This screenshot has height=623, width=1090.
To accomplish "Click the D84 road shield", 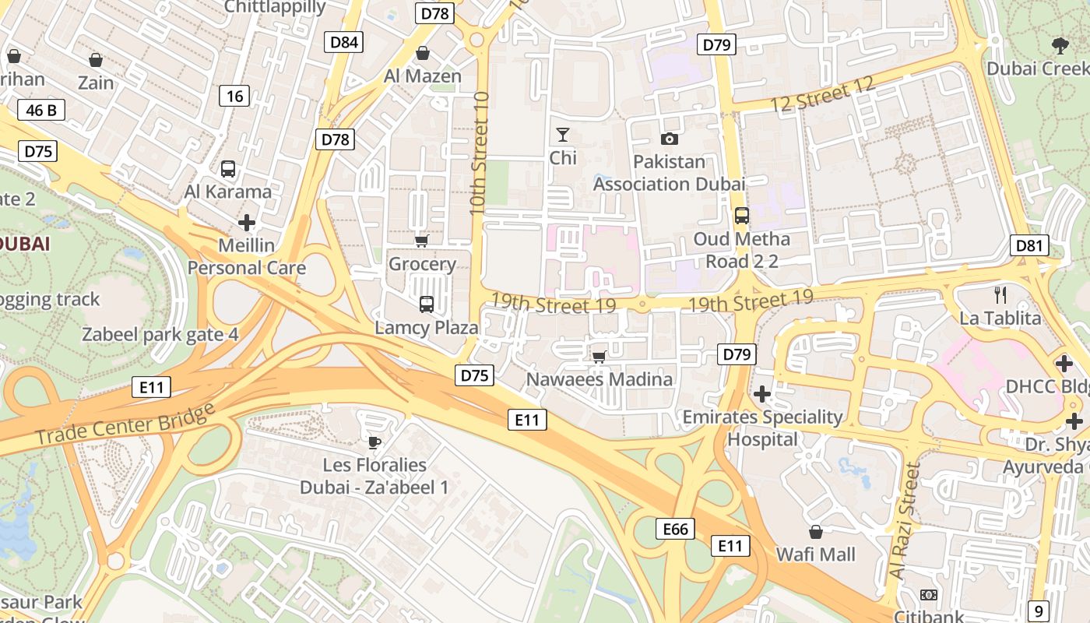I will [x=344, y=42].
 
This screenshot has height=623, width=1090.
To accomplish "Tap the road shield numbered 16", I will [x=235, y=97].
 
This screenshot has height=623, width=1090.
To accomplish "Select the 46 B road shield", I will [x=41, y=110].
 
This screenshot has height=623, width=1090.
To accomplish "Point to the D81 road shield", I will [x=1028, y=246].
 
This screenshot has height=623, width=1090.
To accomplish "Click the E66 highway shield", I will [x=675, y=530].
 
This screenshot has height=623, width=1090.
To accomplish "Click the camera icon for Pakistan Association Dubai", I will [x=669, y=139].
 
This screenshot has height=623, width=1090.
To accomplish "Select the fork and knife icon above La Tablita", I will [x=1000, y=295].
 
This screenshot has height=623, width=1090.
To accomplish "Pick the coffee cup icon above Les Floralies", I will [x=374, y=443].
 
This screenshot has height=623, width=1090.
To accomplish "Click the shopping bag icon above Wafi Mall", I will [x=815, y=533].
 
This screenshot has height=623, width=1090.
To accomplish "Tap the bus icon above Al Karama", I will [x=228, y=169].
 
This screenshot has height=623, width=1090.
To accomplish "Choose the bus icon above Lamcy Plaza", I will [x=426, y=304].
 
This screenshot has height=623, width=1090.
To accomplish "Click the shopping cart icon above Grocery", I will [x=421, y=241].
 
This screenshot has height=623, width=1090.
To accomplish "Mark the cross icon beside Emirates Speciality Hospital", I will [x=762, y=394].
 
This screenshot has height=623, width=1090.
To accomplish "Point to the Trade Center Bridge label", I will [x=125, y=424].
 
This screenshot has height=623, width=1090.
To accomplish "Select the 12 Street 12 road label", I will [x=823, y=97].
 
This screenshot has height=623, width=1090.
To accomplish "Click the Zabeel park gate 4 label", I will [x=160, y=335].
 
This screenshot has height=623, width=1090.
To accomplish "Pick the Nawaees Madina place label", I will [x=599, y=379].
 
